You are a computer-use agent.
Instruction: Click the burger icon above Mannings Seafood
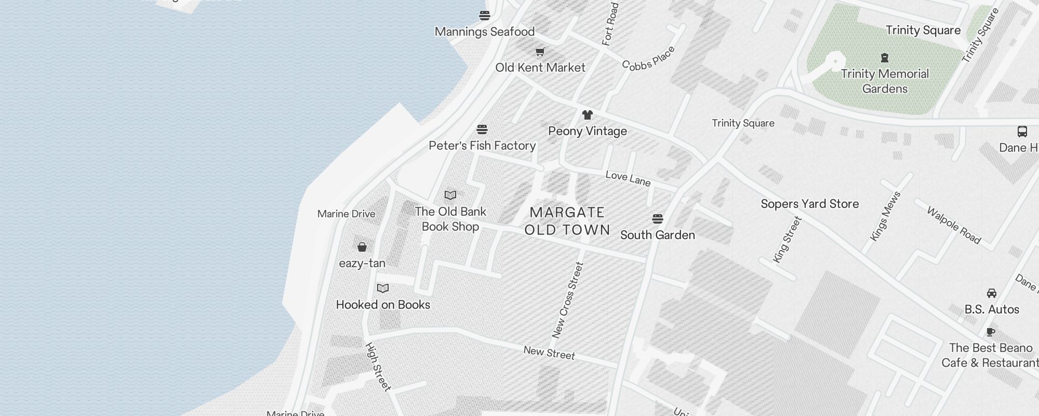coord(485,16)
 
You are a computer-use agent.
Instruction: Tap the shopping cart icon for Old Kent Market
coord(540,51)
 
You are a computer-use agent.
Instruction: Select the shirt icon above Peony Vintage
coord(588,115)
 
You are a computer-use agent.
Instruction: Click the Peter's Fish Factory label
coord(482,146)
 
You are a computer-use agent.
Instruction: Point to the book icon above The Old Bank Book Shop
coord(450,196)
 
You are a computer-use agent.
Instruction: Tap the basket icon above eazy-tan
coord(362,247)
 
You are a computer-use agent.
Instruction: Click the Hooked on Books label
coord(383,305)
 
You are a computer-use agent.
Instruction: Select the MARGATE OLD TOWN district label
coord(567,221)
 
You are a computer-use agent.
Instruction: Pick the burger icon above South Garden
coord(658,218)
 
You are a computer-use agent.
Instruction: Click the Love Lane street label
coord(628,178)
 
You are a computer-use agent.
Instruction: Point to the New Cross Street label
coord(568,300)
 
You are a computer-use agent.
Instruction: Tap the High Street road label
coord(378,367)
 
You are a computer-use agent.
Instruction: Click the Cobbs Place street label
coord(649,58)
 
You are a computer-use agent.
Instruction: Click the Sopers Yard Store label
coord(809,204)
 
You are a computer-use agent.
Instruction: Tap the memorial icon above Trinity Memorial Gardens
coord(885,58)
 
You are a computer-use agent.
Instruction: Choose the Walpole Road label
coord(954,225)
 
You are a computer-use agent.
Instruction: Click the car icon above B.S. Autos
coord(992,293)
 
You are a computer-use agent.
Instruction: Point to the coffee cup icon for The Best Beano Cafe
coord(991,332)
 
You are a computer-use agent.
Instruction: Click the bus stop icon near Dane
coord(1022,132)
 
